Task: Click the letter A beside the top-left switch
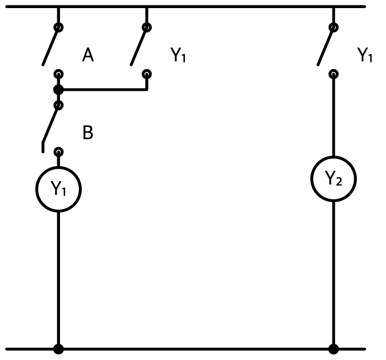(88, 55)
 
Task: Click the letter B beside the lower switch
(88, 132)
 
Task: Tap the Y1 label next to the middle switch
(178, 55)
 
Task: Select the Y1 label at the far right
(365, 55)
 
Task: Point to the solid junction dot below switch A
(58, 90)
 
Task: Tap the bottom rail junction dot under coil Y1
(58, 349)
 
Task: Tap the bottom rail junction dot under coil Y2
(334, 349)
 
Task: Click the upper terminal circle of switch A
(58, 27)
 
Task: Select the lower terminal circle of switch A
(58, 74)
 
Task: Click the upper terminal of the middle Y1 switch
(147, 27)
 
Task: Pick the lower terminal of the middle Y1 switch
(147, 74)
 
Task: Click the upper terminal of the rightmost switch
(334, 27)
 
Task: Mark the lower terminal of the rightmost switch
(334, 74)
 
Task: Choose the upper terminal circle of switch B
(58, 105)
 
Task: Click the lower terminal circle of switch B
(58, 152)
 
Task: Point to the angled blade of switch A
(50, 46)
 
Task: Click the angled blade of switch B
(50, 125)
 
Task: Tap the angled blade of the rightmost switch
(325, 46)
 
